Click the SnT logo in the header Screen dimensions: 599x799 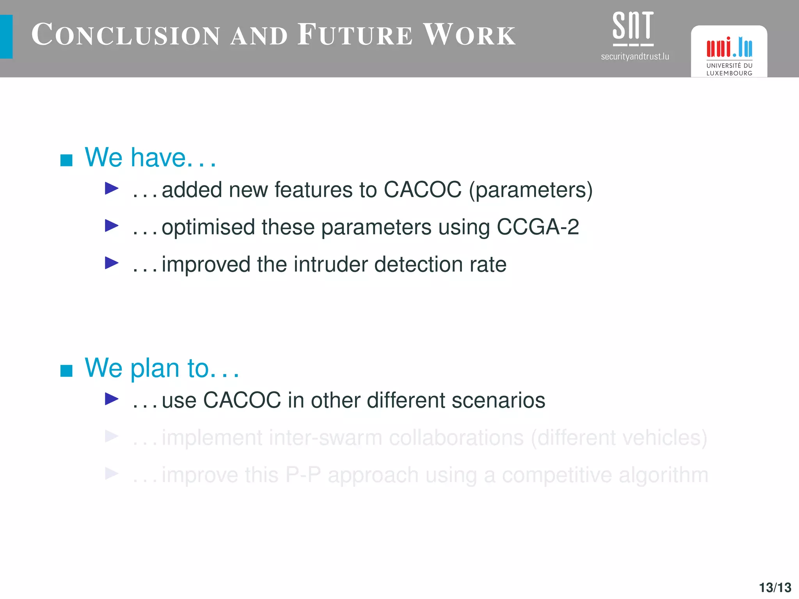click(633, 27)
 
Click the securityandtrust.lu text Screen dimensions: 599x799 click(635, 57)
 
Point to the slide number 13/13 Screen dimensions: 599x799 click(775, 587)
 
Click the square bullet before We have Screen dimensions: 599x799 click(66, 160)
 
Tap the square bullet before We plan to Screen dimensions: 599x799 click(66, 370)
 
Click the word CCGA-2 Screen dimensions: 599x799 click(538, 227)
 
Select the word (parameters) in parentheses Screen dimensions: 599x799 click(531, 190)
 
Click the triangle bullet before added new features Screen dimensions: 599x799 click(112, 189)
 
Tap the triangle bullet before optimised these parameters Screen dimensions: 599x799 click(112, 225)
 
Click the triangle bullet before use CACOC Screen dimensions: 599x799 click(112, 399)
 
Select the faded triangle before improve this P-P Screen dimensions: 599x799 click(112, 473)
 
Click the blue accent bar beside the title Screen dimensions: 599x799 click(6, 37)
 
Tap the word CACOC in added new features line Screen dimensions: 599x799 click(422, 190)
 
